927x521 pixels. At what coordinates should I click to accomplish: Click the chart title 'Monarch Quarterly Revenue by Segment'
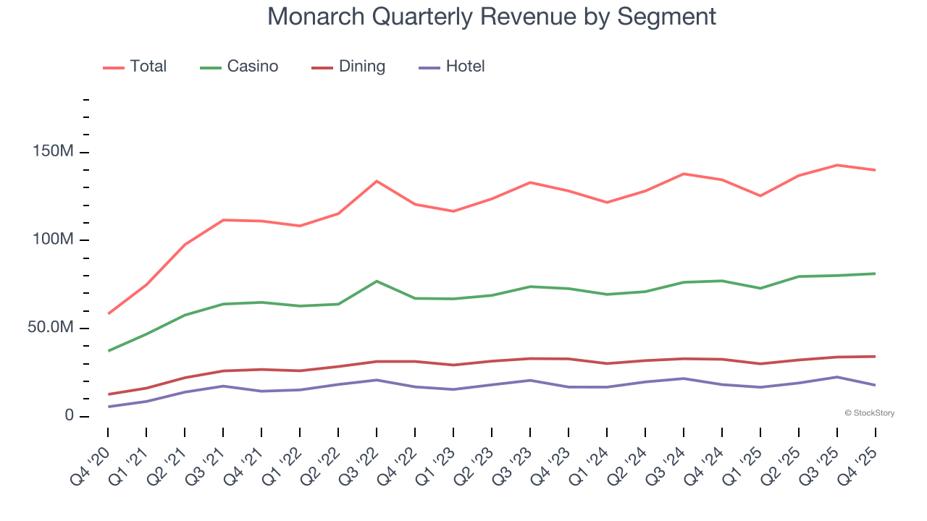492,16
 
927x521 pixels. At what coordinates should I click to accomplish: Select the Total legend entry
135,67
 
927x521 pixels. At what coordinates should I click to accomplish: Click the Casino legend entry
239,67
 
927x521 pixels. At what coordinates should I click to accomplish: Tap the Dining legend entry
348,67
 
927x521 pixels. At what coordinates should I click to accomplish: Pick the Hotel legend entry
452,67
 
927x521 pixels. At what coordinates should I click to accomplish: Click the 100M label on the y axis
53,240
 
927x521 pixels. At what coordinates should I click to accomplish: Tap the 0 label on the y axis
69,416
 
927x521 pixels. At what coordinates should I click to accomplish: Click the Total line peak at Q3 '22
377,181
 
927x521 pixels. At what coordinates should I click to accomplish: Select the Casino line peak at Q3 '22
377,281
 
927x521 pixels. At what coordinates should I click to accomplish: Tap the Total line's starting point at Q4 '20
109,313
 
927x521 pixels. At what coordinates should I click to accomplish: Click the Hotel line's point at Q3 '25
837,377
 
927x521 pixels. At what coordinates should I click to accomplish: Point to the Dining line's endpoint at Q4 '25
875,356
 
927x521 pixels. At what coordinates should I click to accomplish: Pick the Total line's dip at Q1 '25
760,195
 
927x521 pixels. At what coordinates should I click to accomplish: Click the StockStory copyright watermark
869,413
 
